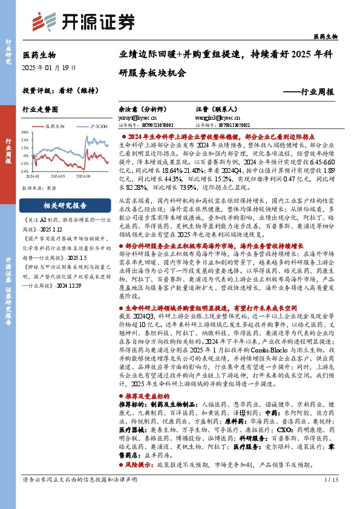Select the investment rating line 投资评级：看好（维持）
pyautogui.click(x=60, y=90)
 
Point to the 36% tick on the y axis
pyautogui.click(x=25, y=131)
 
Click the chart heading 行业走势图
pyautogui.click(x=40, y=110)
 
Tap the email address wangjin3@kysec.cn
pyautogui.click(x=210, y=118)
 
